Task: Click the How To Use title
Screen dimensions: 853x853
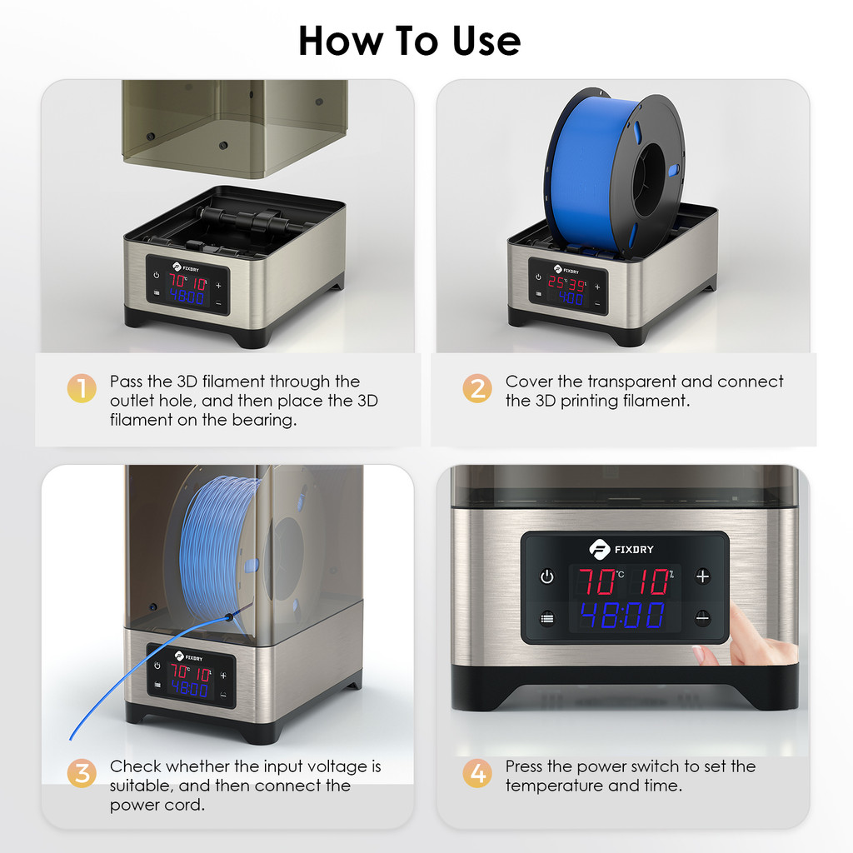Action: (x=409, y=41)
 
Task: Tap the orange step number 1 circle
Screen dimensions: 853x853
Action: (x=82, y=388)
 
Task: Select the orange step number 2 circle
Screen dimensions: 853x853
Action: (x=477, y=388)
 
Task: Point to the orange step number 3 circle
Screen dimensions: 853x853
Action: (x=82, y=773)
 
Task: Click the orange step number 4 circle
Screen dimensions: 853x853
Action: (x=477, y=773)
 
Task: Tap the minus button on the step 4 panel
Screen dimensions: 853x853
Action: (x=702, y=618)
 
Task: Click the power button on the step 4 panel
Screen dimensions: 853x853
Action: (x=546, y=576)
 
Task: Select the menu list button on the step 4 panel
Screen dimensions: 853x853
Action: (x=546, y=619)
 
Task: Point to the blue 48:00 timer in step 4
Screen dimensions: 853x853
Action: (x=622, y=615)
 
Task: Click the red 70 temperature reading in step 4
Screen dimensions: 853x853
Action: (x=596, y=581)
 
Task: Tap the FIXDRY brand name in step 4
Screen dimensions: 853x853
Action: (x=634, y=550)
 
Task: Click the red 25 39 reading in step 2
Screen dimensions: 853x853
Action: (x=566, y=283)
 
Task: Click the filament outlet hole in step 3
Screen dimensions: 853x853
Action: (x=229, y=617)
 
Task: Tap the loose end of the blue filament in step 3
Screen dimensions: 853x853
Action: (x=71, y=739)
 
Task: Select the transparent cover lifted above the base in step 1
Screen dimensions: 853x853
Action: (x=234, y=128)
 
